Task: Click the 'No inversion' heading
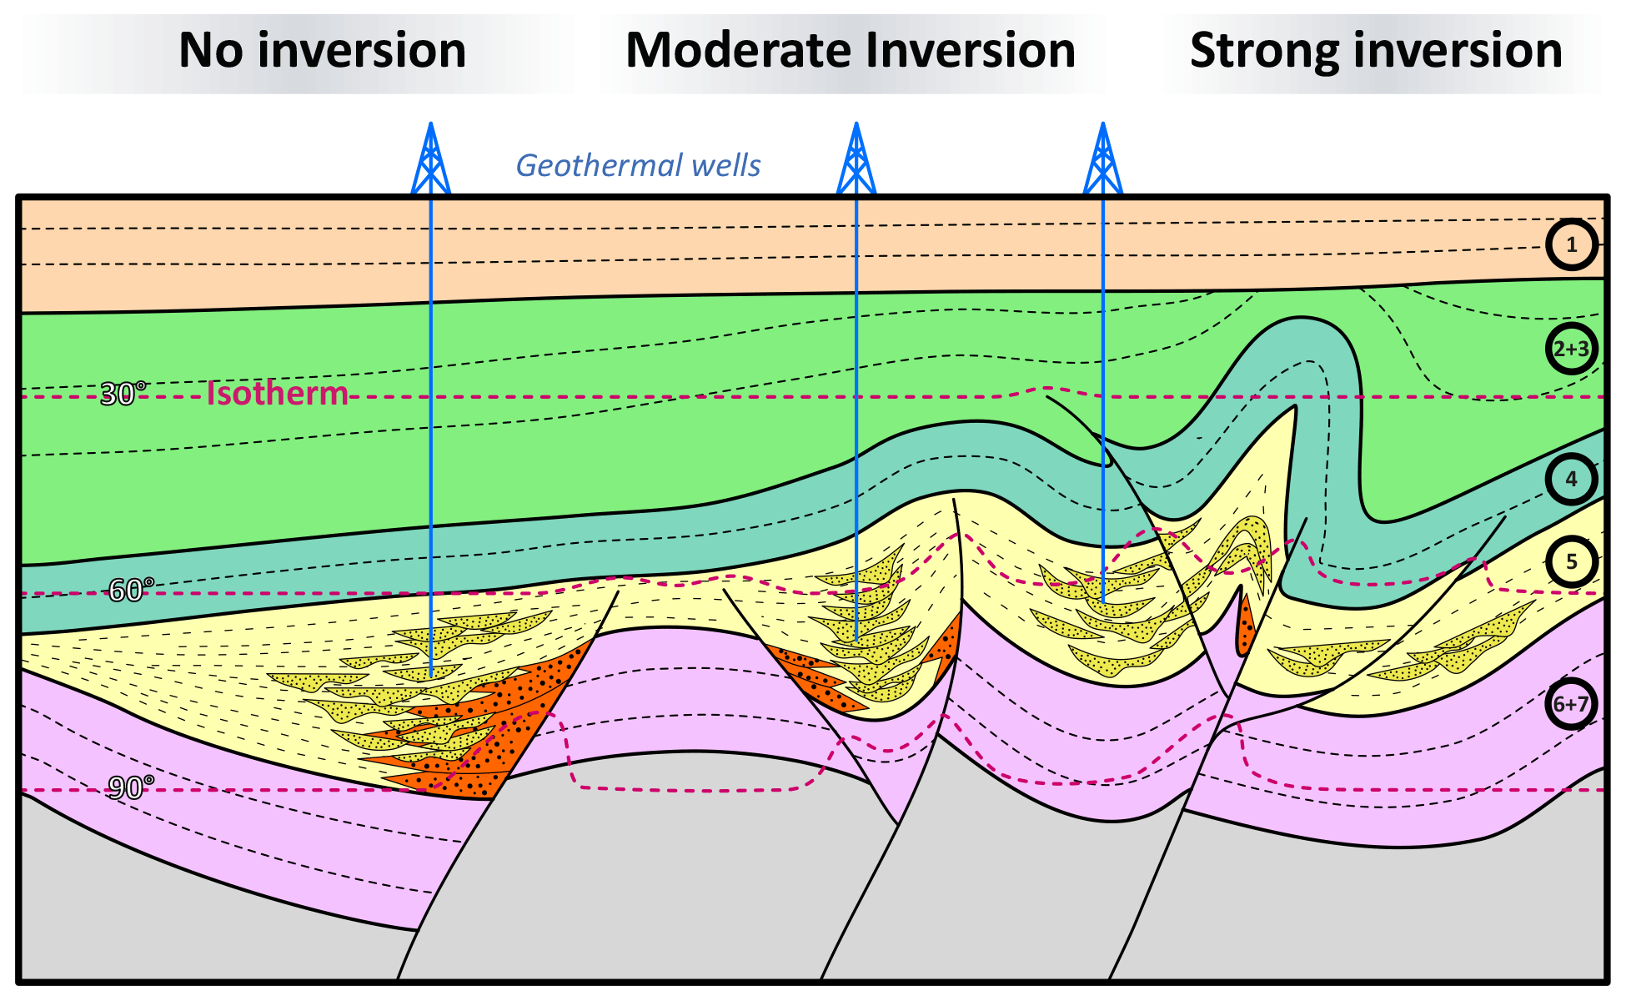click(322, 51)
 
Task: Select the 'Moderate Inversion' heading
click(850, 51)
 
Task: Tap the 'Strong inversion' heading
click(1376, 51)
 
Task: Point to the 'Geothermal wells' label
click(638, 165)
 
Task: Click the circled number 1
click(1571, 244)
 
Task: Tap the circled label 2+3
click(1571, 349)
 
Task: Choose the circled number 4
click(1571, 479)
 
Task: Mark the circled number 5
click(1571, 561)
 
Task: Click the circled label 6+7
click(1571, 704)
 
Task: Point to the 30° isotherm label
click(123, 394)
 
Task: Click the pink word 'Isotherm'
click(277, 393)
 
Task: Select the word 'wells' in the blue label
click(730, 165)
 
